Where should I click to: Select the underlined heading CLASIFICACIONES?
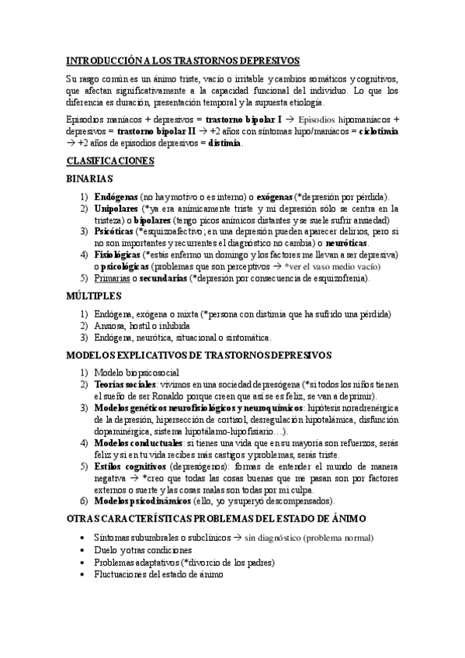(x=110, y=161)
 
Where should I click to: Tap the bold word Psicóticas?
(x=113, y=231)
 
